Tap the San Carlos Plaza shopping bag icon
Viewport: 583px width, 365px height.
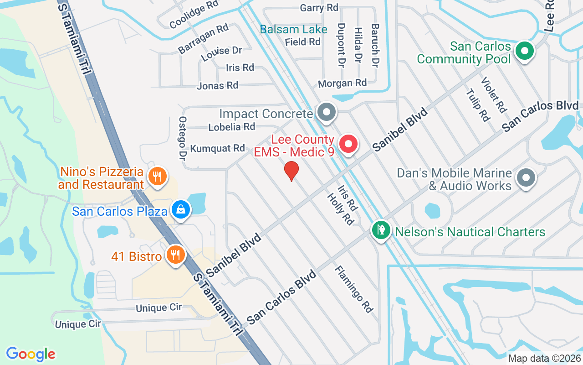click(x=181, y=210)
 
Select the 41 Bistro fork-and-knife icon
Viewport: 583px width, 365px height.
click(x=174, y=255)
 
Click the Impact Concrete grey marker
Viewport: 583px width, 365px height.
click(x=326, y=112)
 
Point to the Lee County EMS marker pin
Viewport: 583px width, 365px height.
click(x=348, y=144)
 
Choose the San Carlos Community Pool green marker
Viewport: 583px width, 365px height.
click(x=524, y=51)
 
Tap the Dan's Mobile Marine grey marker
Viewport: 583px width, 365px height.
click(x=526, y=177)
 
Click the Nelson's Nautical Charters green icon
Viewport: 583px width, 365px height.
click(x=379, y=229)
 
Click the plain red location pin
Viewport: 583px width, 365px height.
click(x=291, y=171)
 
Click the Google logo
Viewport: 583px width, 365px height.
click(x=31, y=354)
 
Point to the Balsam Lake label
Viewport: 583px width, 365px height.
click(x=293, y=30)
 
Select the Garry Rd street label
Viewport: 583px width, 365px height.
click(x=319, y=8)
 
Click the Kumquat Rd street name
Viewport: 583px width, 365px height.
click(x=218, y=148)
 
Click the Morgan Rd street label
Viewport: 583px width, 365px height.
click(x=342, y=83)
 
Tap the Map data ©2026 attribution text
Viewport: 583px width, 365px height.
click(x=544, y=358)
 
